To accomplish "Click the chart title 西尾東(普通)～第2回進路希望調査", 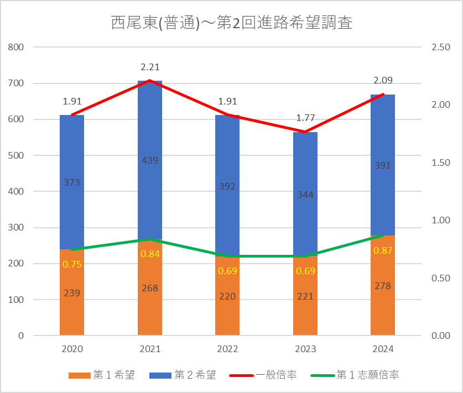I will [231, 23].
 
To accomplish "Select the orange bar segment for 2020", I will [72, 310].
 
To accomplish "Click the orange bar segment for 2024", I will [383, 310].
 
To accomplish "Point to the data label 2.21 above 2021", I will [150, 68].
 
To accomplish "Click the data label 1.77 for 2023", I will [305, 118].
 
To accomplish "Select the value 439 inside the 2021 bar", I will [150, 161].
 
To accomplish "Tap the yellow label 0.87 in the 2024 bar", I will [383, 250].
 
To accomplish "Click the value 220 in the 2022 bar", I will [227, 296].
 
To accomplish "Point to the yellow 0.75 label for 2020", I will [72, 264].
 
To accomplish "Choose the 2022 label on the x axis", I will [227, 349].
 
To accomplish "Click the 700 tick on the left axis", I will [17, 83].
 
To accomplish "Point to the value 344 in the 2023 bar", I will [305, 195].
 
